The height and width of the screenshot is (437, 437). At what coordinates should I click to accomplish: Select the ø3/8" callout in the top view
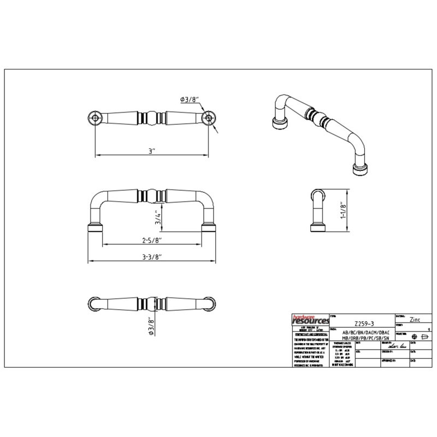pyautogui.click(x=190, y=99)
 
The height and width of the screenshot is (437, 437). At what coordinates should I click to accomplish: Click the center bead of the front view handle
pyautogui.click(x=151, y=196)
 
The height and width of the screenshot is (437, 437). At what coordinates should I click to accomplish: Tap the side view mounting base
pyautogui.click(x=317, y=228)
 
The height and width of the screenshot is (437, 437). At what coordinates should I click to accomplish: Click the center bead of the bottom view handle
pyautogui.click(x=151, y=304)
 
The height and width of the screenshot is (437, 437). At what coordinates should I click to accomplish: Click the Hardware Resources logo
pyautogui.click(x=309, y=320)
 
